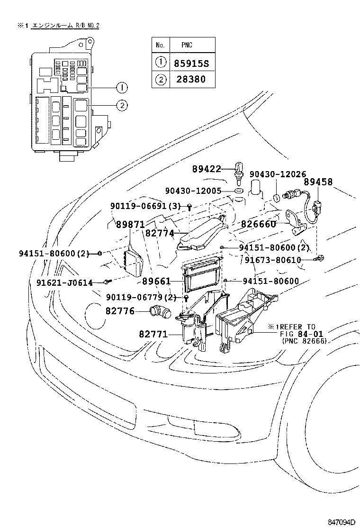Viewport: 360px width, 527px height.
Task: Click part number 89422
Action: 207,169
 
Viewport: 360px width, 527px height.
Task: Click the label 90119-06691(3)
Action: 145,206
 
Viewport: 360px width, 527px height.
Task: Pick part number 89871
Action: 130,225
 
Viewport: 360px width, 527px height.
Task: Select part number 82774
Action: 160,233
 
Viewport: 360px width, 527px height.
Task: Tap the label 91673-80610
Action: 279,260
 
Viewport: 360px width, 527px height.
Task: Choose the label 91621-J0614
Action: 64,282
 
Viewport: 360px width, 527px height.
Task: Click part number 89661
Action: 156,281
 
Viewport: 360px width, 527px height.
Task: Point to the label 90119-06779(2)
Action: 141,297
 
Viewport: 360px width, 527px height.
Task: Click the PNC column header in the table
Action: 187,45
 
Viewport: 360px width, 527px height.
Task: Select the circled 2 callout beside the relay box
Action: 122,106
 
